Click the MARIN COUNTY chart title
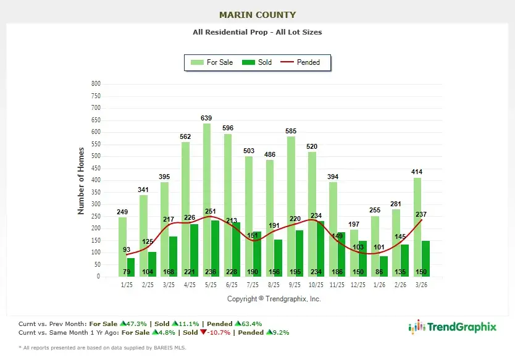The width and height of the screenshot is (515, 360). coord(257,15)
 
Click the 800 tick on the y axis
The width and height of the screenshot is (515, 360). coord(96,84)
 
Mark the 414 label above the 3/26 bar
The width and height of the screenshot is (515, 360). coord(417,172)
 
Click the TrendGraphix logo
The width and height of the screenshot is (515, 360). coord(452,327)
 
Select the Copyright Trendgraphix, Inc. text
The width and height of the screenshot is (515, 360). coord(274,299)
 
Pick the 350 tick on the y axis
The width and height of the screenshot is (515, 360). coord(96,192)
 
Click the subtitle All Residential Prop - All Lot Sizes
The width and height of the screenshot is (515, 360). coord(257,32)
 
